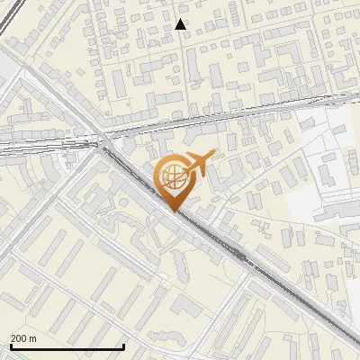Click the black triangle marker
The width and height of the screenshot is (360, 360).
182,24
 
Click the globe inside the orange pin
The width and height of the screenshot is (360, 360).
174,175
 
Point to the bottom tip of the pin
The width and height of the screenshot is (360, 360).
175,211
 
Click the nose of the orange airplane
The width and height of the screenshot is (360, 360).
214,155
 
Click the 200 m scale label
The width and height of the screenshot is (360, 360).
23,338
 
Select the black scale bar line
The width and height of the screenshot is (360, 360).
67,347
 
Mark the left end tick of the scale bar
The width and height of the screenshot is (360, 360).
11,346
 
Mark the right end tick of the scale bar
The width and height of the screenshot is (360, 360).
123,346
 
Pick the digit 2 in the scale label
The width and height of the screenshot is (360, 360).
13,338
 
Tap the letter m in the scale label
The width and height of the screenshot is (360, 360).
33,339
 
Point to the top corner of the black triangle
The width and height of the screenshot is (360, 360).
182,19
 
